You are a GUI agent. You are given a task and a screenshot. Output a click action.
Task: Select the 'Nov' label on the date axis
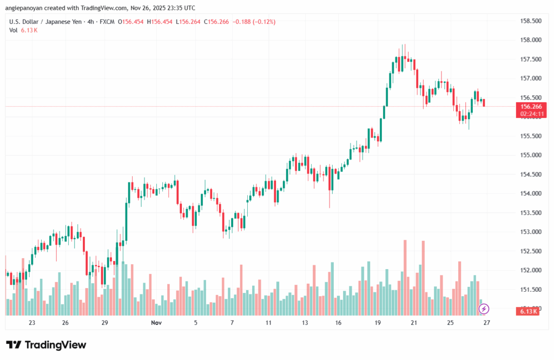tap(156, 323)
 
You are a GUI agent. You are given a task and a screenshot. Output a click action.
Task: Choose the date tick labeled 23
tap(32, 323)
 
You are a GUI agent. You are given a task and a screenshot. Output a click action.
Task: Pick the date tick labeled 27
tap(486, 323)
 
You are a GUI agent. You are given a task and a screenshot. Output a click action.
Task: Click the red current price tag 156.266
tap(531, 107)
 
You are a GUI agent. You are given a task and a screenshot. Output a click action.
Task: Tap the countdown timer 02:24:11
tap(531, 114)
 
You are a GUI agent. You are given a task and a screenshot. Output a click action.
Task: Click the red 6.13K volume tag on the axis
tap(528, 311)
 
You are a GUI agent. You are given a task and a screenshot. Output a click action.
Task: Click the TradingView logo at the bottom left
tap(46, 345)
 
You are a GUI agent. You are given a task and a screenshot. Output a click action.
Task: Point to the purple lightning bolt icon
tap(484, 309)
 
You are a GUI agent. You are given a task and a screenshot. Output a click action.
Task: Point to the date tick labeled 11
tap(268, 323)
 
